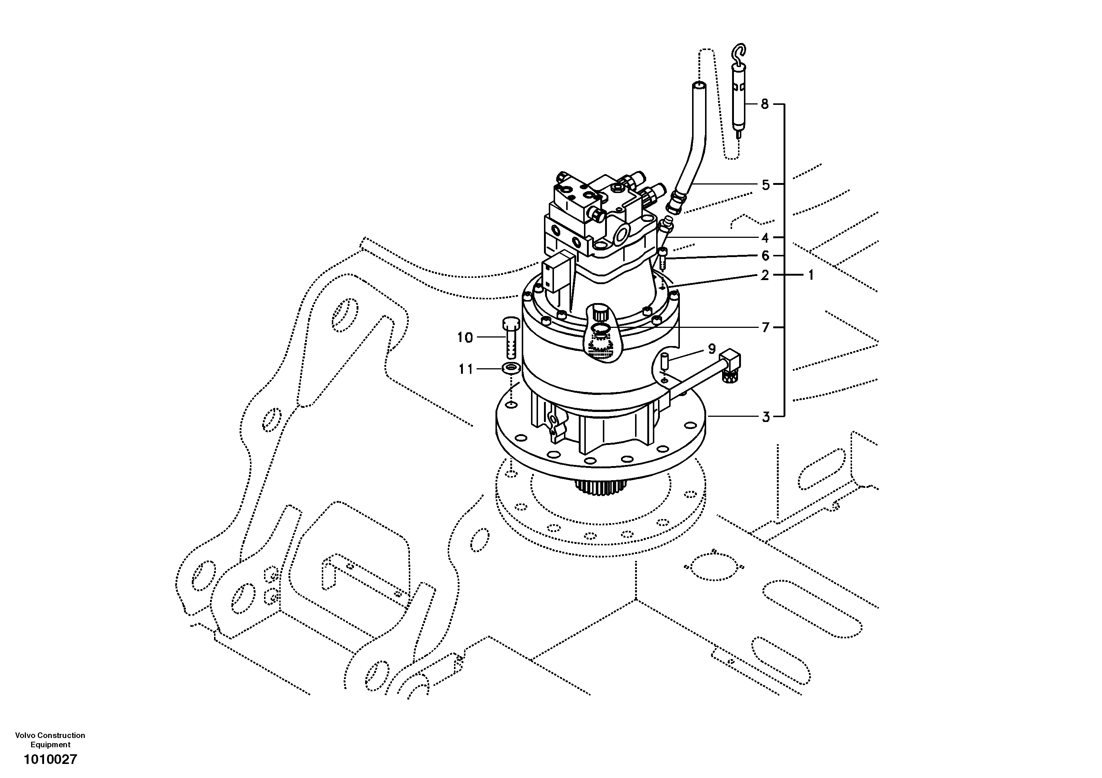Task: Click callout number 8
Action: click(765, 104)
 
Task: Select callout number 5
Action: click(765, 184)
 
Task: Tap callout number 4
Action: click(765, 238)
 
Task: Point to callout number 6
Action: click(765, 256)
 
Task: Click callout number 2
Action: click(765, 275)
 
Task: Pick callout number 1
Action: click(811, 275)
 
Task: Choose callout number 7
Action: click(765, 328)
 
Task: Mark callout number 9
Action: click(712, 349)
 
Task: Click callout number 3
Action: click(765, 417)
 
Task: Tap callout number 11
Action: click(465, 369)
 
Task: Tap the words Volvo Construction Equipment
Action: click(50, 740)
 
